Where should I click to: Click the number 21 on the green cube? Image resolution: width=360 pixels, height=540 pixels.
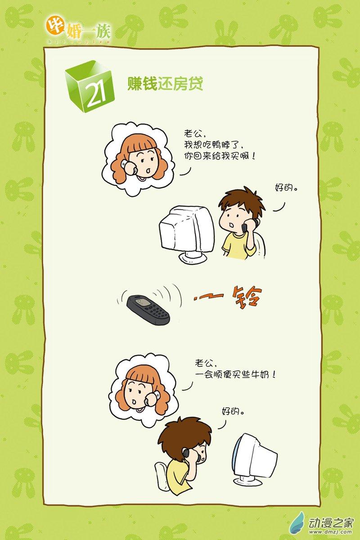click(x=95, y=94)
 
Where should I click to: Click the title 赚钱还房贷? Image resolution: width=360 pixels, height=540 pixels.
click(x=165, y=84)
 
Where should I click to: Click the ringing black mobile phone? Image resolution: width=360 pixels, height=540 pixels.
click(x=148, y=310)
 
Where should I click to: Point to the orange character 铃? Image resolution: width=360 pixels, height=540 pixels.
click(x=247, y=296)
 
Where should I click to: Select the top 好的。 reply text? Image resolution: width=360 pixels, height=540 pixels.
click(x=287, y=187)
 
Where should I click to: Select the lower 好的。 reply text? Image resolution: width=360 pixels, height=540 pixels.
click(x=233, y=416)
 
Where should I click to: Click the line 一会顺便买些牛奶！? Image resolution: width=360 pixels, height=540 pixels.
click(x=235, y=375)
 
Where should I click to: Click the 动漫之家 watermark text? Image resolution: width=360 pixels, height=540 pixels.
click(x=331, y=522)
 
